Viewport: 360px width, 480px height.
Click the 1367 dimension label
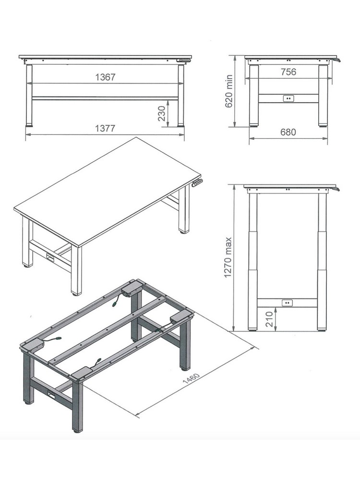coord(105,77)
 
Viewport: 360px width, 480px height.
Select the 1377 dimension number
coord(105,128)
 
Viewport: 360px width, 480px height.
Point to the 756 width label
coord(288,72)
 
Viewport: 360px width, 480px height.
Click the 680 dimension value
coord(288,132)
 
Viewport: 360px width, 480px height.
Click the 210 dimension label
coord(269,319)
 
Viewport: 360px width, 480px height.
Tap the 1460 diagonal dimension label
coord(191,378)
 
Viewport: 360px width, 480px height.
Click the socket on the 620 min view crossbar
coord(288,98)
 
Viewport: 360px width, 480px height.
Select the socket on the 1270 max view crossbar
coord(287,303)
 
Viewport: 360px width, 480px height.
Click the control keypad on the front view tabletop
coord(184,60)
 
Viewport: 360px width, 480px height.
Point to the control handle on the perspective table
coord(197,183)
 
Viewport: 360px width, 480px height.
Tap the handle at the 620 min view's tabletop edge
coord(337,60)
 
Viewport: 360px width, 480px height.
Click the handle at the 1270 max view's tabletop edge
coord(336,189)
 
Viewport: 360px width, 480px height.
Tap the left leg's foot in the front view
coord(29,125)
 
